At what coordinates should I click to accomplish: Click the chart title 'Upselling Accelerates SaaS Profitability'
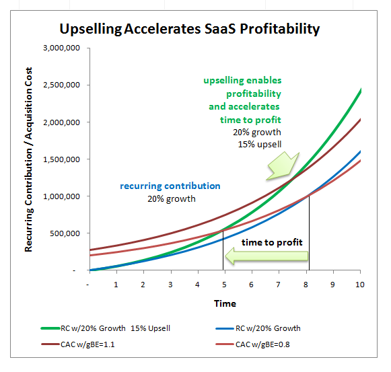click(190, 29)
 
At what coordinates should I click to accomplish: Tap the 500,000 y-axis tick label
click(65, 233)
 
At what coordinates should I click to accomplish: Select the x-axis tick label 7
click(279, 285)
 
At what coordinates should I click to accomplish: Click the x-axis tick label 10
click(360, 285)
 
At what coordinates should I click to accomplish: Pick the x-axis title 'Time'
click(225, 303)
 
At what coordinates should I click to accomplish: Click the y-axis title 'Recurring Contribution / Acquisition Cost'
click(28, 159)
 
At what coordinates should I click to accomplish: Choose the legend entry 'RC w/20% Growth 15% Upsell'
click(106, 328)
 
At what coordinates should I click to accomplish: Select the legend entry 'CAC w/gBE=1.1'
click(78, 344)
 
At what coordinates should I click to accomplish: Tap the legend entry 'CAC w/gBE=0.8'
click(252, 344)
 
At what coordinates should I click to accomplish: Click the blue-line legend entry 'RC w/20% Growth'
click(258, 328)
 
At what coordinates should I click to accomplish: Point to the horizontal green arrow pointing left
click(266, 256)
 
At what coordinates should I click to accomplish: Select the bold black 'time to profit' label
click(272, 242)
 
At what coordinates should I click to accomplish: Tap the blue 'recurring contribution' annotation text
click(170, 186)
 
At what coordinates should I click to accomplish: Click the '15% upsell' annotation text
click(260, 145)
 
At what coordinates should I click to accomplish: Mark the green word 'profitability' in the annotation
click(254, 94)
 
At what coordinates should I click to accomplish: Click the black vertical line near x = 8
click(309, 233)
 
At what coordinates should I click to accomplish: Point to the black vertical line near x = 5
click(223, 250)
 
